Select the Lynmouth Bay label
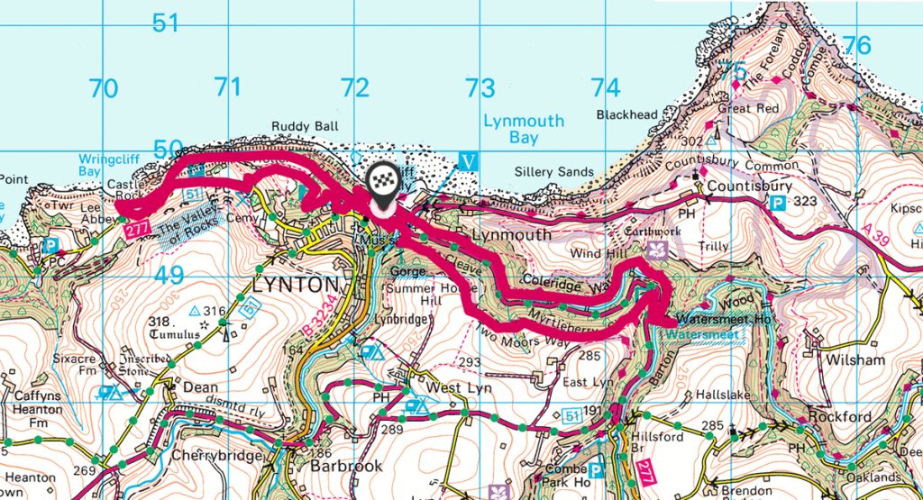524,129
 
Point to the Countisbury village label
749,186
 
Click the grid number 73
480,88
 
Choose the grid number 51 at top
166,23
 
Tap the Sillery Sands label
554,171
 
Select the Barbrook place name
345,467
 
